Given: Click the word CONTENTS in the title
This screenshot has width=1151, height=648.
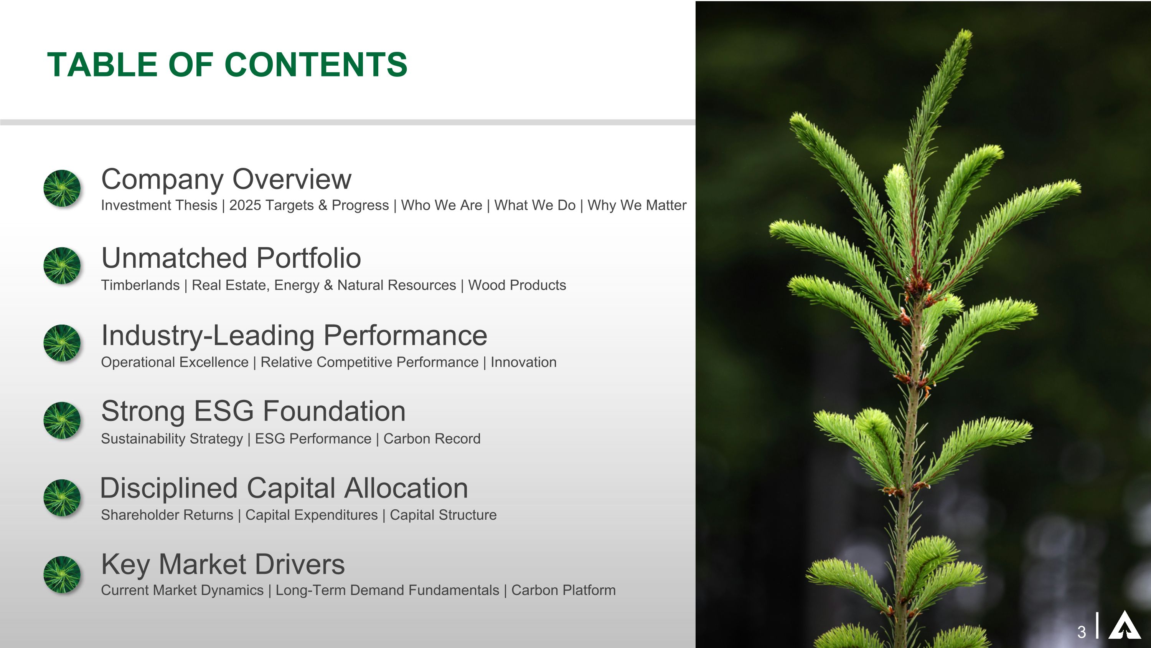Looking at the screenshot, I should point(315,65).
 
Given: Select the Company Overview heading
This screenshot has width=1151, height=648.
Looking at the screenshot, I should point(226,179).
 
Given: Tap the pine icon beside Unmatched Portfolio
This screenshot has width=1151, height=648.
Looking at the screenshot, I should point(62,266).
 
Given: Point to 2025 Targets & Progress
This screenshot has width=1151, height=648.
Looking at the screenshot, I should point(309,205).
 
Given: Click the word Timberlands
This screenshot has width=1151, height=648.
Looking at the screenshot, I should point(140,285).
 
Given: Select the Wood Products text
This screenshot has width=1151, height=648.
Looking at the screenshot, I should point(517,285).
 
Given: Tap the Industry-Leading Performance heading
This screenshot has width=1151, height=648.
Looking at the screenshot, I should point(294,335).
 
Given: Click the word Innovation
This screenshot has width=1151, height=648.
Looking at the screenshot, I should point(523,362).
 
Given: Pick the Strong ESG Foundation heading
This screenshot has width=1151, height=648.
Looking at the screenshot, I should point(253,411).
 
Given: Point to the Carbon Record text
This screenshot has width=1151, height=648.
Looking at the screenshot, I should point(432,439).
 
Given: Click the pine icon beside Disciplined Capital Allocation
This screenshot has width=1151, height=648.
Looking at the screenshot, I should point(62,498).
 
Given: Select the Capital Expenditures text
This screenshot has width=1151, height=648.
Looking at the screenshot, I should point(312,515).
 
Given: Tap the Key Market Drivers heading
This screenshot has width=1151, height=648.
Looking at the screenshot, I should point(223,564).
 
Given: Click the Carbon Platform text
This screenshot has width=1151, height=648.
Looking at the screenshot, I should point(563,590).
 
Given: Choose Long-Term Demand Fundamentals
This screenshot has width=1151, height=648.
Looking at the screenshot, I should point(387,590).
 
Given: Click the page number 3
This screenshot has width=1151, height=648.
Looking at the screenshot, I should point(1081,632).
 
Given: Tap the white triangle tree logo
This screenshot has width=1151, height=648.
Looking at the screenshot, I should point(1124,626).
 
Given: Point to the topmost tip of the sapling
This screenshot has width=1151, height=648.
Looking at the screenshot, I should point(967,31).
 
